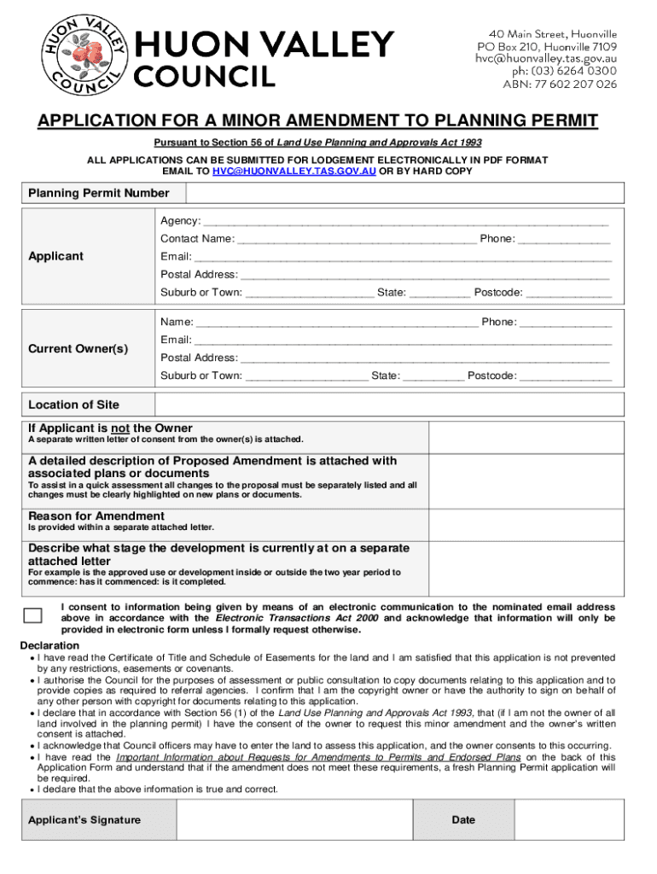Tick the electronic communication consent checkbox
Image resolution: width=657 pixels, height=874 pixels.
pyautogui.click(x=32, y=616)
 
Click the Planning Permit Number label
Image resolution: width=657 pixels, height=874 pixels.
pyautogui.click(x=99, y=194)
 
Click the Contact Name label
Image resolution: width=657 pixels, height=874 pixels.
pyautogui.click(x=197, y=239)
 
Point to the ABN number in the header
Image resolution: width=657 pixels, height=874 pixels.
pyautogui.click(x=547, y=84)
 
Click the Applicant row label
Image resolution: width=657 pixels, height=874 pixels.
pyautogui.click(x=56, y=256)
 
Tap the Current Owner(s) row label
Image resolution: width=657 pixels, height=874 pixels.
pyautogui.click(x=78, y=348)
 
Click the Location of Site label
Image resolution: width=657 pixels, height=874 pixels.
pyautogui.click(x=73, y=405)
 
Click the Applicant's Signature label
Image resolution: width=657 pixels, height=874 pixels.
pyautogui.click(x=84, y=820)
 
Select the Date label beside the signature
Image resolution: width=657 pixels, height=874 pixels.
pyautogui.click(x=463, y=820)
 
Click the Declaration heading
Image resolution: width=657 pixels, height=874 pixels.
pyautogui.click(x=50, y=645)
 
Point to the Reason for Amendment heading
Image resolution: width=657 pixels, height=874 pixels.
pyautogui.click(x=96, y=516)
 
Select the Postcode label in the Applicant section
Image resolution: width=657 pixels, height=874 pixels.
pyautogui.click(x=498, y=292)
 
